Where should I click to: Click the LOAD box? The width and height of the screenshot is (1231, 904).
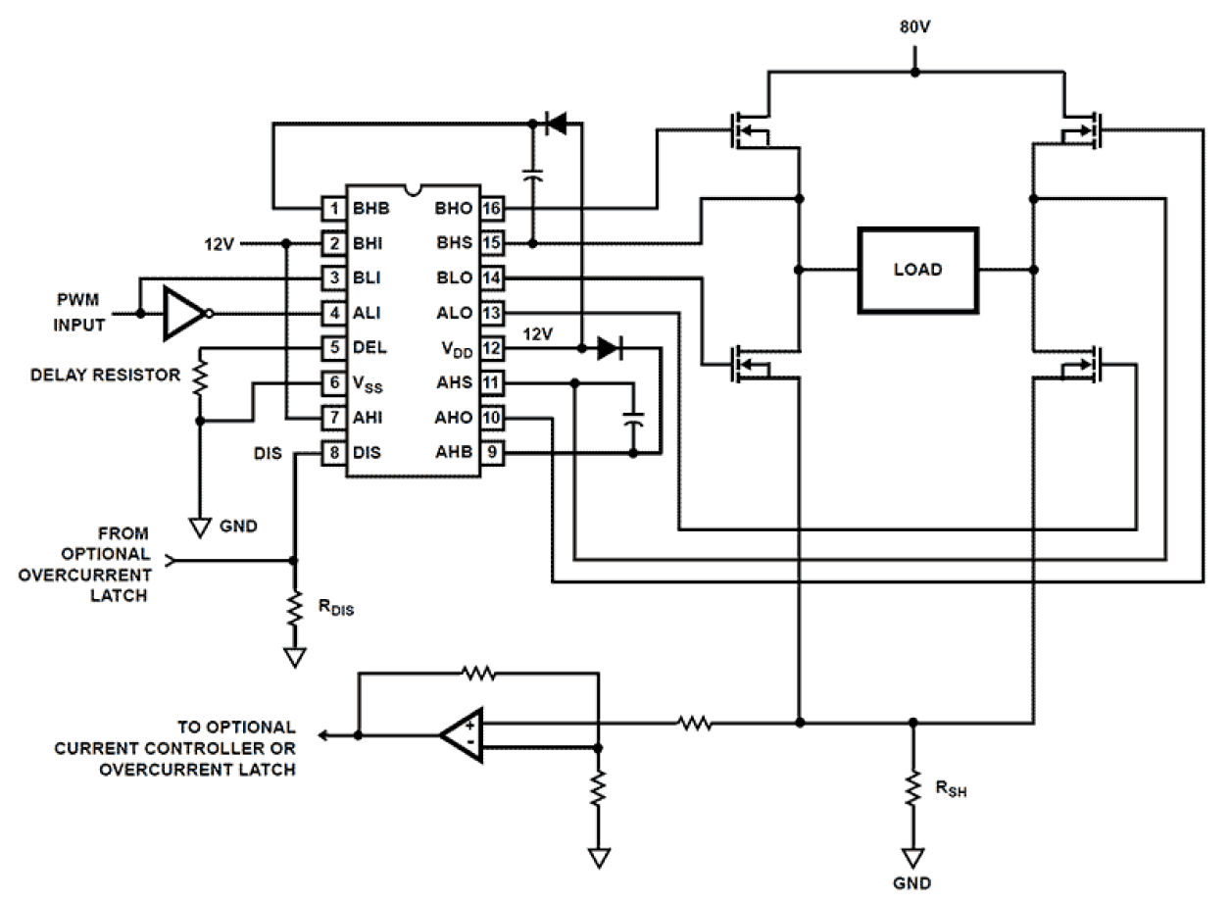coord(917,270)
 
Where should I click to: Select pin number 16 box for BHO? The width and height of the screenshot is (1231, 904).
coord(492,208)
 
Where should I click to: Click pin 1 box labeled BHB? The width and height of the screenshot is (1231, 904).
coord(334,208)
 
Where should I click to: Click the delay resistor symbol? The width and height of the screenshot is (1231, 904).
coord(200,377)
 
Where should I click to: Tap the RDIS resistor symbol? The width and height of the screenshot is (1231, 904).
coord(293,610)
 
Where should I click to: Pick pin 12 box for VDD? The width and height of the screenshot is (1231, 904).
coord(492,348)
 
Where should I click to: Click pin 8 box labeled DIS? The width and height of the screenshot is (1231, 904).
coord(334,453)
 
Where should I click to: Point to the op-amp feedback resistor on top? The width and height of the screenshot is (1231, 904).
coord(477,674)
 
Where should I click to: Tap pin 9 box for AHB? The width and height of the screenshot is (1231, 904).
coord(492,453)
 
